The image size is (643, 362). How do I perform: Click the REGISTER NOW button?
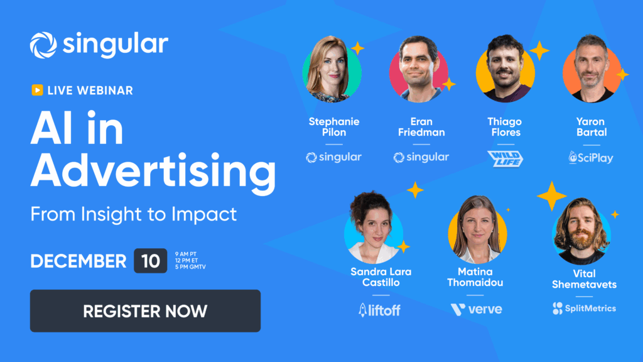[x=145, y=310]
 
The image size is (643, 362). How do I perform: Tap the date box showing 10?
[x=150, y=261]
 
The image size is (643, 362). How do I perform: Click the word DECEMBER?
[x=78, y=261]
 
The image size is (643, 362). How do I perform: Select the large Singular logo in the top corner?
[x=99, y=45]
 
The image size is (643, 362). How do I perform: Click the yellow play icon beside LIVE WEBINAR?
[x=37, y=90]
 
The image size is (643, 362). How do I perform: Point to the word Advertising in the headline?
[x=153, y=172]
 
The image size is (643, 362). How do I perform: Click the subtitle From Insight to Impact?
[x=134, y=214]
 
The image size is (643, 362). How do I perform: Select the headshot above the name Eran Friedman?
[x=419, y=69]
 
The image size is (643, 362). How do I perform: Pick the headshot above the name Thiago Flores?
[x=505, y=69]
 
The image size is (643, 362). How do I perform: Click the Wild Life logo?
[x=505, y=158]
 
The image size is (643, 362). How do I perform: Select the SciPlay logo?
[x=591, y=157]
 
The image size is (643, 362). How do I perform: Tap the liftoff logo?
[x=379, y=309]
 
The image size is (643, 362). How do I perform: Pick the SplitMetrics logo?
[x=584, y=308]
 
